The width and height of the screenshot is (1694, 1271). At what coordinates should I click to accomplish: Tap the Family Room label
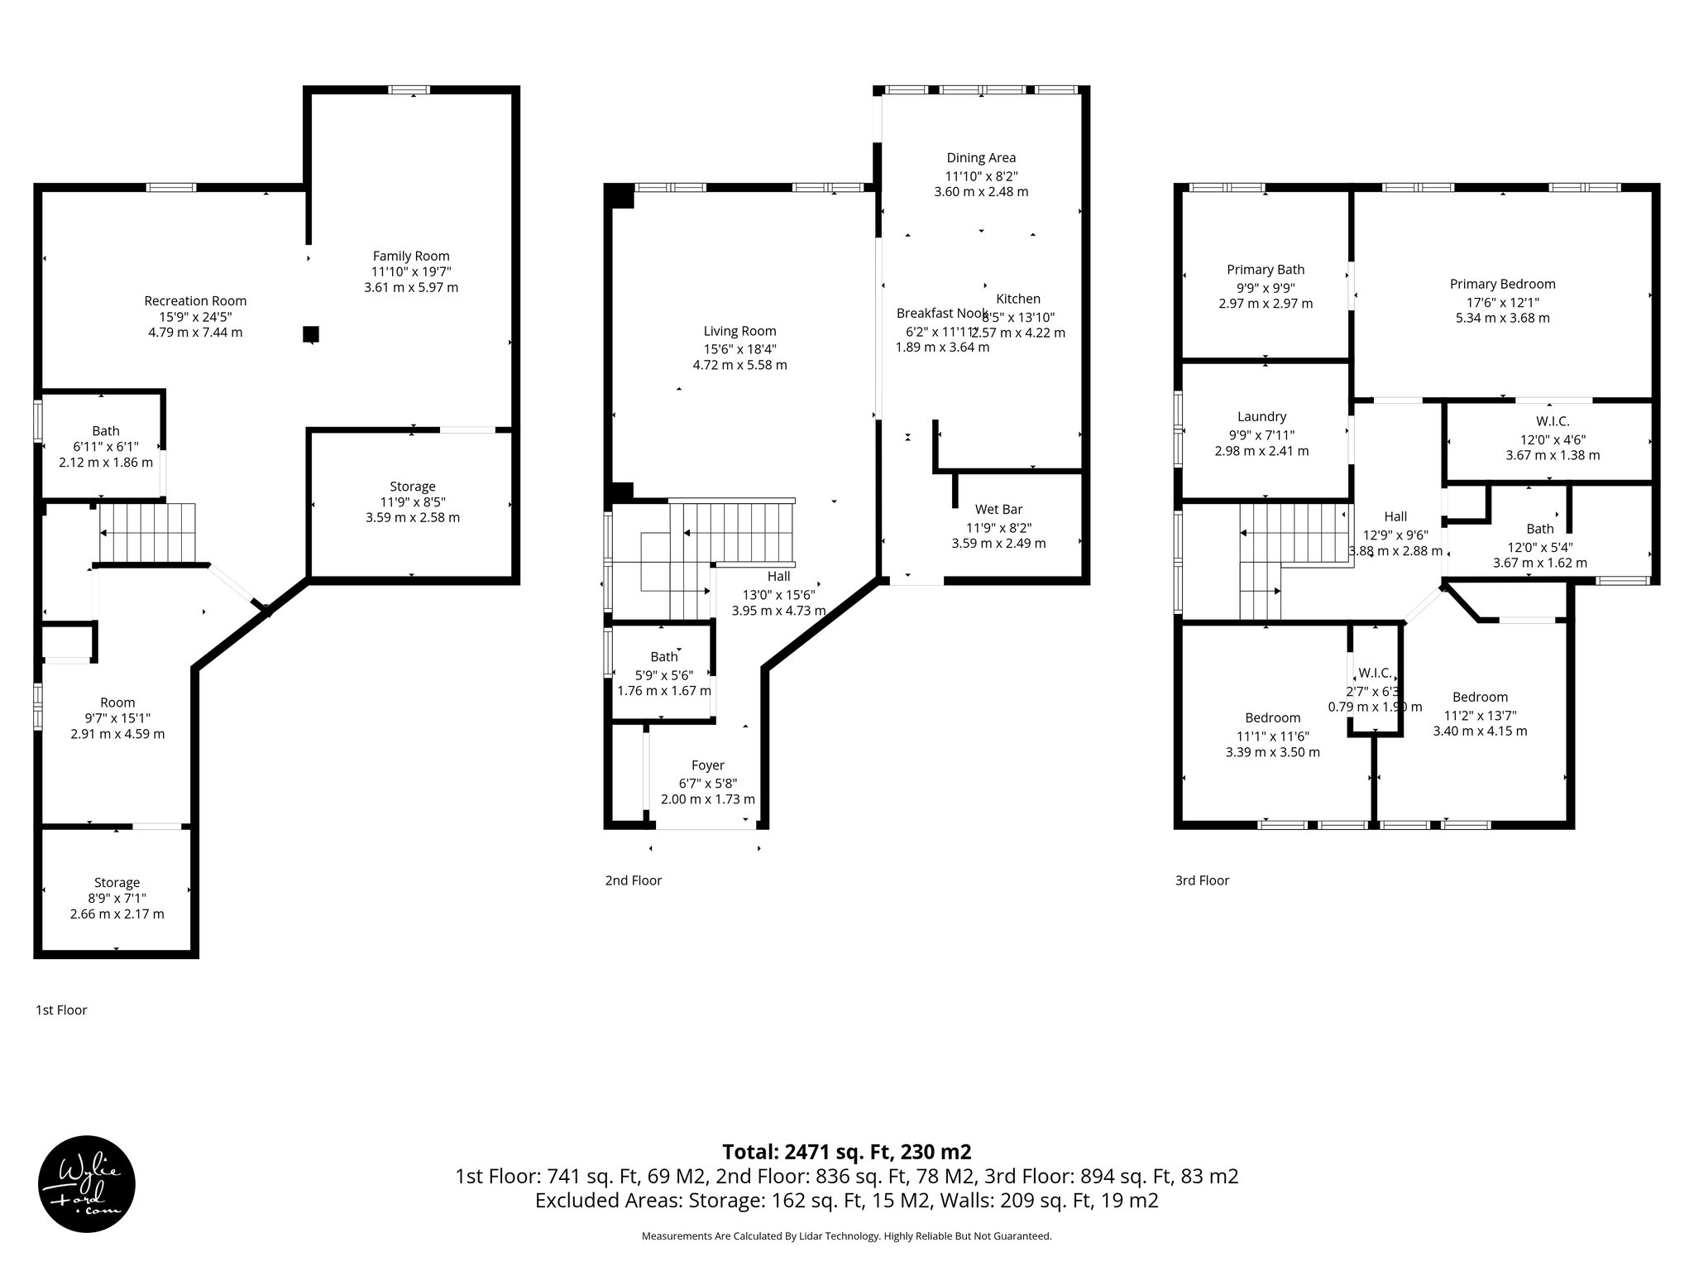tap(411, 257)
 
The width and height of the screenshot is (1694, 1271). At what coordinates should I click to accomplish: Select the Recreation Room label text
tap(195, 301)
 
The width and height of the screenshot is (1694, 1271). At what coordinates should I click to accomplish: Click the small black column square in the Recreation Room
tap(311, 334)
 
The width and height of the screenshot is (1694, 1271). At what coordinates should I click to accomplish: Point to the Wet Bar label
tap(998, 510)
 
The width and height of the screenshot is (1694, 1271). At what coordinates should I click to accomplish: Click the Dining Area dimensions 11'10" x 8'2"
tap(981, 175)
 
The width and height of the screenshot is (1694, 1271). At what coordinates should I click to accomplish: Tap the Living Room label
tap(739, 332)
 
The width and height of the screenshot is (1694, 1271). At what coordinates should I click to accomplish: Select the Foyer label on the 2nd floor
tap(707, 766)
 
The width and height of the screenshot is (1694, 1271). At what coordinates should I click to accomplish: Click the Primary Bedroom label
tap(1502, 285)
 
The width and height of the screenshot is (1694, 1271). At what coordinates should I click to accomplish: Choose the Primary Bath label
tap(1266, 270)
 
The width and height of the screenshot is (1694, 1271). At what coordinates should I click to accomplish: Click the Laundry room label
tap(1261, 417)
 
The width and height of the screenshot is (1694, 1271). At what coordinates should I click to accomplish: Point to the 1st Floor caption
tap(61, 1010)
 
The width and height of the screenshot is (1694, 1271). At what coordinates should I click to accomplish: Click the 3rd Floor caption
tap(1202, 880)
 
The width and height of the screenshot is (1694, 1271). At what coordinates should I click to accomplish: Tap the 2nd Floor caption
tap(633, 880)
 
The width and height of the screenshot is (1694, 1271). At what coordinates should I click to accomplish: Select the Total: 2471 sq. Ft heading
tap(846, 1152)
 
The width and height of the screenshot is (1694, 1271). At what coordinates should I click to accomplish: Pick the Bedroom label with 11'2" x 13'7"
tap(1480, 698)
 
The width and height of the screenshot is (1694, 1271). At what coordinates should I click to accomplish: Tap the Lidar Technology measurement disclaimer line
tap(846, 1236)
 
